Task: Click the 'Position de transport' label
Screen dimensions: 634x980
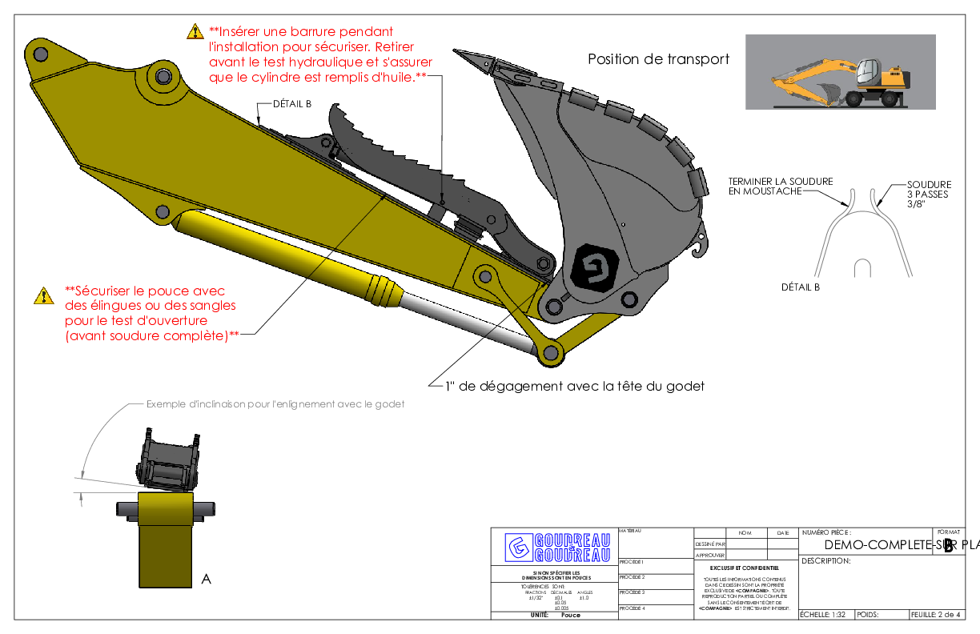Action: point(658,59)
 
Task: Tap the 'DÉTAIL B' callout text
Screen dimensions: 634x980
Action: point(292,104)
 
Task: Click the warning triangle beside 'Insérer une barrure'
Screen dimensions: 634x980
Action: point(195,32)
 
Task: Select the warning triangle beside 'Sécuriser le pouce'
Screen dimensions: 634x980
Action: point(43,295)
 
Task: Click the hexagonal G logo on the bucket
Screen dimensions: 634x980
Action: point(596,268)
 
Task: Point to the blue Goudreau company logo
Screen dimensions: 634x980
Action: point(557,547)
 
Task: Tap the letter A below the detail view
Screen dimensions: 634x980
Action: point(206,579)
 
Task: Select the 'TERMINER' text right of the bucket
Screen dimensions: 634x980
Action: point(752,181)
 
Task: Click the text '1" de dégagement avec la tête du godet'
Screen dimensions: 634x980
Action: point(575,387)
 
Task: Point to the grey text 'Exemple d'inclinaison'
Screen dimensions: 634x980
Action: point(275,404)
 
